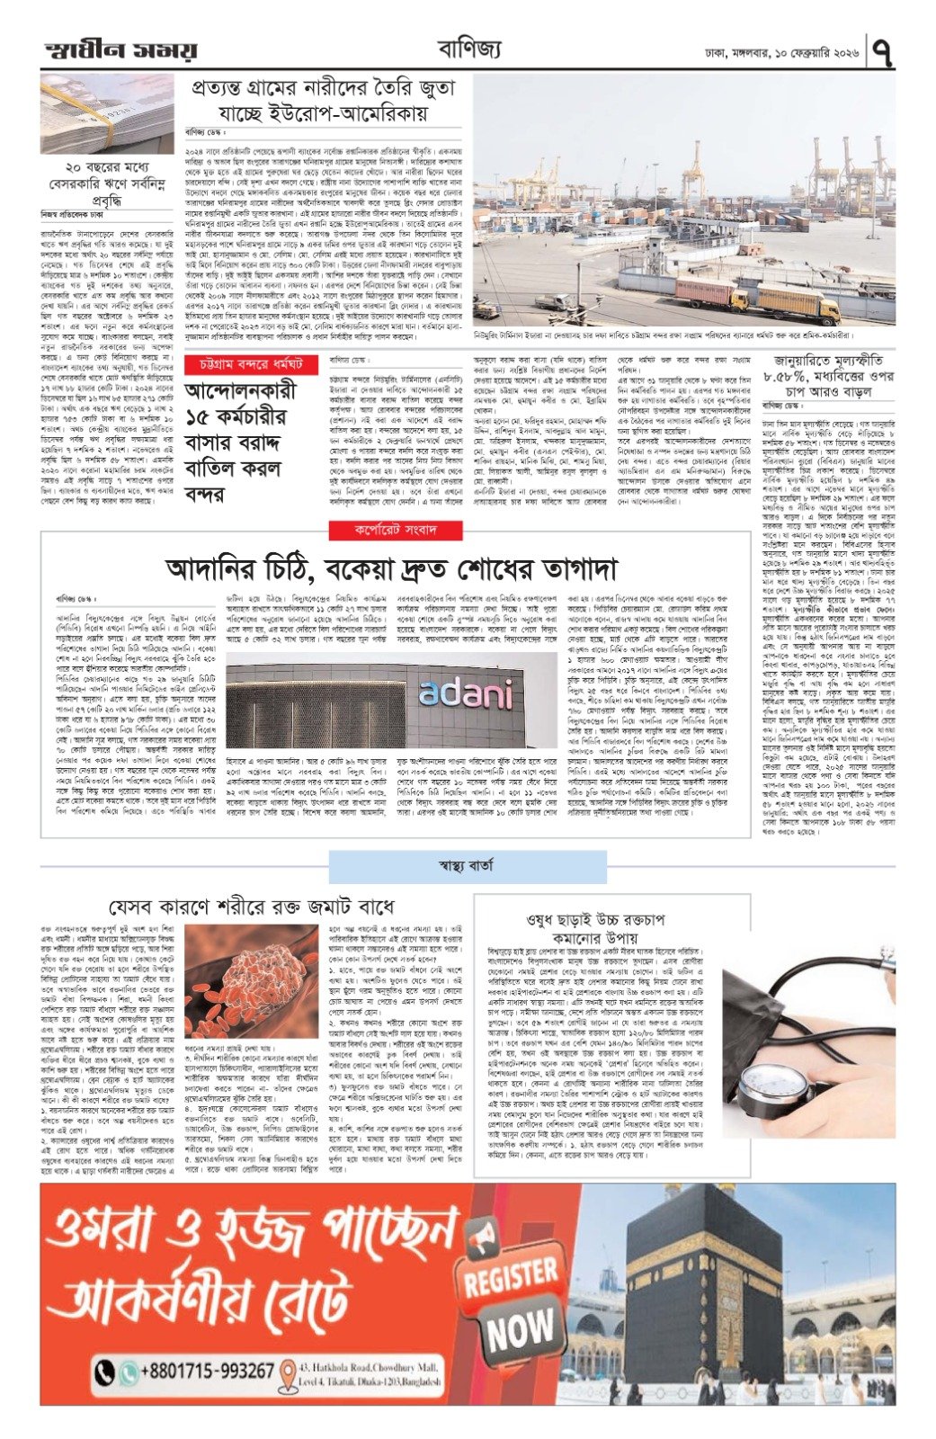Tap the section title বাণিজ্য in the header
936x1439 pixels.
pos(469,48)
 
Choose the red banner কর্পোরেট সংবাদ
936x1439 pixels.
pos(395,530)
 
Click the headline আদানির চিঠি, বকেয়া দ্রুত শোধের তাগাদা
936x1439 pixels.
pos(379,568)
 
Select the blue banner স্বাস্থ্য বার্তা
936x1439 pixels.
pos(468,867)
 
